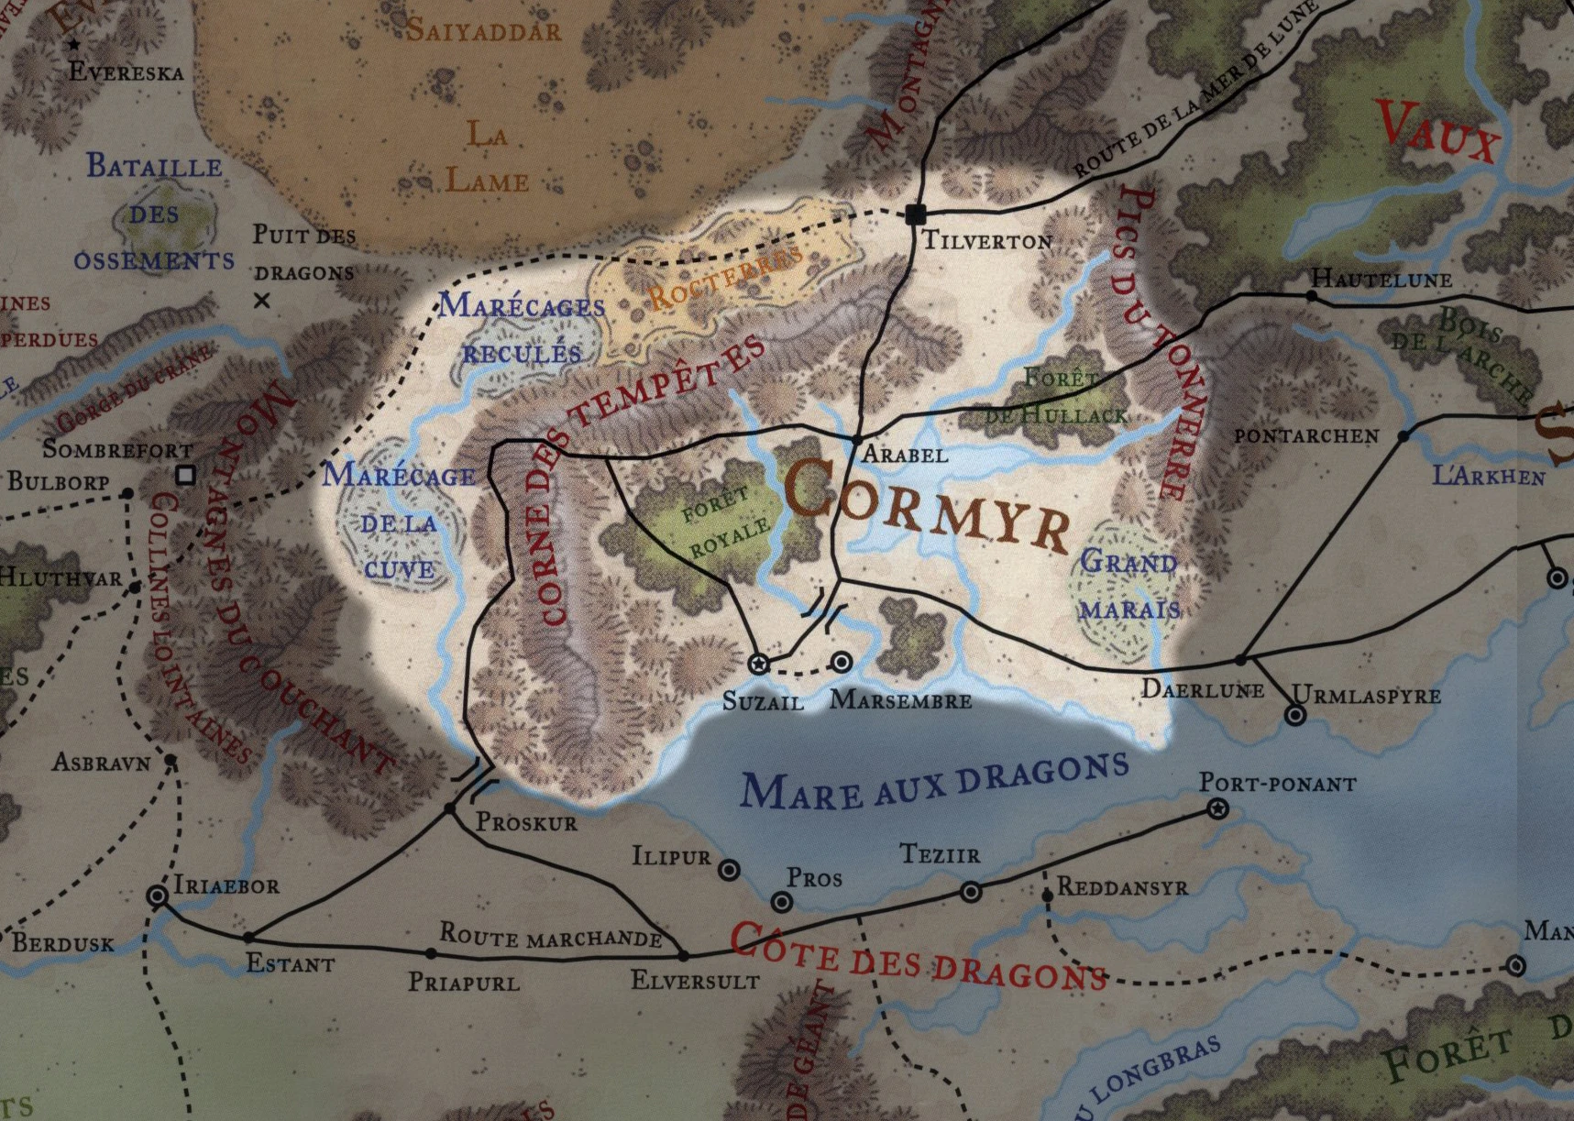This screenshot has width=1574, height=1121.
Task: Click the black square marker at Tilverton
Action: pyautogui.click(x=915, y=214)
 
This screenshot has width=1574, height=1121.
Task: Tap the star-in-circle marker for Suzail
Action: pyautogui.click(x=758, y=664)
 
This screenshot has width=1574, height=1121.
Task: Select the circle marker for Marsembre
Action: pyautogui.click(x=841, y=662)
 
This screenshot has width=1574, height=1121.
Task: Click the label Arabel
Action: pyautogui.click(x=905, y=454)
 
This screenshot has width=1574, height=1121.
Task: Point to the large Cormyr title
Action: pyautogui.click(x=926, y=510)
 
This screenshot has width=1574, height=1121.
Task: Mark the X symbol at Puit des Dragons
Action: pyautogui.click(x=262, y=300)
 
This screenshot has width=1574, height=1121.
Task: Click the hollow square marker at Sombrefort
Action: pyautogui.click(x=186, y=475)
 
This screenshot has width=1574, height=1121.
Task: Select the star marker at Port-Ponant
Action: pyautogui.click(x=1217, y=808)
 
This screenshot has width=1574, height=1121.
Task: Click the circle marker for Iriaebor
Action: pyautogui.click(x=158, y=896)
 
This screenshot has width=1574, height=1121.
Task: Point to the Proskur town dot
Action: pyautogui.click(x=449, y=808)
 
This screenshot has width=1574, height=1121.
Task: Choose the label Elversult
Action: pyautogui.click(x=695, y=981)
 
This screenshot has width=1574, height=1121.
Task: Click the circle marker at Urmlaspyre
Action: pyautogui.click(x=1294, y=715)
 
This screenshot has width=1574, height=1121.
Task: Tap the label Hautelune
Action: pyautogui.click(x=1381, y=279)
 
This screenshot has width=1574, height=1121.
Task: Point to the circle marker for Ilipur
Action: pyautogui.click(x=729, y=870)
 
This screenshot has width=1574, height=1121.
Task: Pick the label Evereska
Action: pyautogui.click(x=126, y=72)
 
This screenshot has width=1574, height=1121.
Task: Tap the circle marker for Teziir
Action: pyautogui.click(x=971, y=891)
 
